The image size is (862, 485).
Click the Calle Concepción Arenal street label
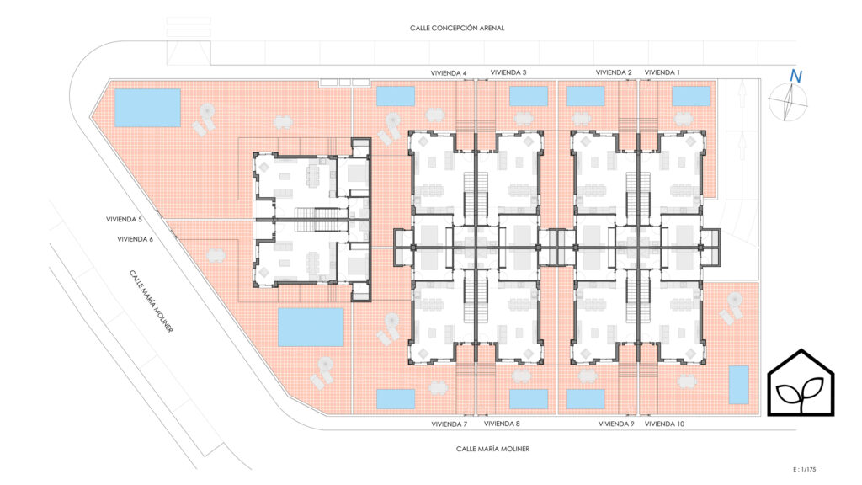(x=457, y=28)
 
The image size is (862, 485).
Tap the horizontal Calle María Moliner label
(x=492, y=449)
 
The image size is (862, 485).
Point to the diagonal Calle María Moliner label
(x=152, y=301)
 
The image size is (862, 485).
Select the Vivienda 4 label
(x=449, y=73)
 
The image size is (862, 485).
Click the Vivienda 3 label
(x=508, y=72)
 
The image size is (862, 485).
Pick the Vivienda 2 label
(x=614, y=72)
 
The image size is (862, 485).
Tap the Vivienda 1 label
(x=662, y=72)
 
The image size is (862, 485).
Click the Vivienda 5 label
(x=124, y=220)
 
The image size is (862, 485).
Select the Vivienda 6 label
(x=136, y=239)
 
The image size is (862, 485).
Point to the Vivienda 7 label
(x=450, y=424)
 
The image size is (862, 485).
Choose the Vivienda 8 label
(x=502, y=424)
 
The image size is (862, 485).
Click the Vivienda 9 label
(x=616, y=424)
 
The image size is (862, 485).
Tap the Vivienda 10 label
(x=664, y=424)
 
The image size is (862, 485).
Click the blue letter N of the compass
(x=795, y=77)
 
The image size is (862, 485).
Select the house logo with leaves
(x=801, y=382)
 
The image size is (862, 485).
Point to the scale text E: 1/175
(x=804, y=470)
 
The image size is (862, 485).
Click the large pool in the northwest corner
(x=147, y=108)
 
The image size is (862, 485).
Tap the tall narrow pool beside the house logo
(x=739, y=385)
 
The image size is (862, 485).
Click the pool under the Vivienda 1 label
(x=691, y=96)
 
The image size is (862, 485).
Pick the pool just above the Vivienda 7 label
(x=396, y=399)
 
